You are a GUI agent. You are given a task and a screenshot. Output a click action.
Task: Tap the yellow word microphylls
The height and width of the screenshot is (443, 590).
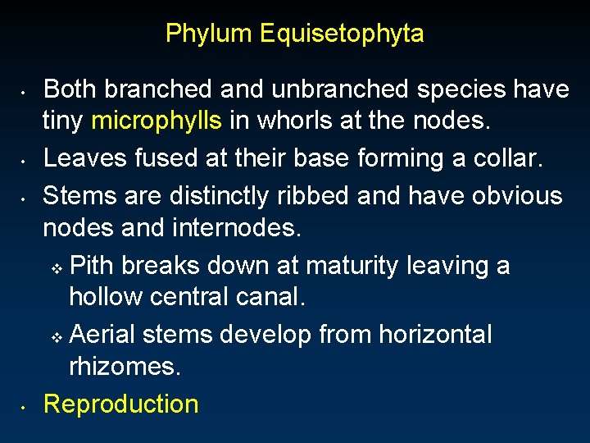[157, 121]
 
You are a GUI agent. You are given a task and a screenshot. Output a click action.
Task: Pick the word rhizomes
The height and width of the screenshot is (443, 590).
[125, 367]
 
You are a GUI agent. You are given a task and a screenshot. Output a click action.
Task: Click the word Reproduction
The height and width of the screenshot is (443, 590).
[120, 404]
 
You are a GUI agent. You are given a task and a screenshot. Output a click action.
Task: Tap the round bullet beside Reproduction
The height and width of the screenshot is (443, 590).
[27, 405]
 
